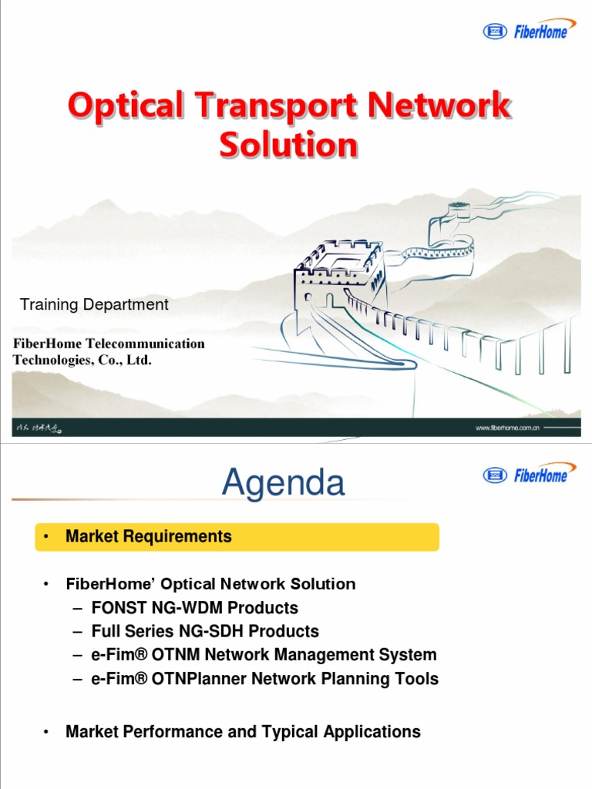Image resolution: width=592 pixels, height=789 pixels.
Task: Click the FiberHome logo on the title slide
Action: tap(529, 31)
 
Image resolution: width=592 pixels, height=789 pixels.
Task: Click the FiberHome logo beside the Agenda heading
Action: tap(529, 474)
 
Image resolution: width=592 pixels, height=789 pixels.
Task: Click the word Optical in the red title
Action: tap(126, 106)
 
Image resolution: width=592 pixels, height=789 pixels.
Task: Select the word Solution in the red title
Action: tap(288, 144)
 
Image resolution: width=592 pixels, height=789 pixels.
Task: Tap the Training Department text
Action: tap(94, 304)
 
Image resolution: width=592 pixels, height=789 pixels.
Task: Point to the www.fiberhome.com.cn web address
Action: tap(507, 428)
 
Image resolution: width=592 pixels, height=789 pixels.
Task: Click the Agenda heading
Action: tap(283, 483)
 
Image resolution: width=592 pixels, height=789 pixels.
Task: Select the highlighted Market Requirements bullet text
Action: tap(148, 536)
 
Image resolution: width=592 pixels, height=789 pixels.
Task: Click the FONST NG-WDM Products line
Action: tap(194, 608)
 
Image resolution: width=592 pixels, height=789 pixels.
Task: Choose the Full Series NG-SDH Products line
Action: tap(204, 632)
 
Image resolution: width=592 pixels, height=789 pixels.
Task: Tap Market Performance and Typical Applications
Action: tap(243, 732)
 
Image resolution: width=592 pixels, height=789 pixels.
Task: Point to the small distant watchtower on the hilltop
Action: tap(458, 210)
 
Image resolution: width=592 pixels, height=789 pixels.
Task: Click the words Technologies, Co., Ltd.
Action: tap(82, 360)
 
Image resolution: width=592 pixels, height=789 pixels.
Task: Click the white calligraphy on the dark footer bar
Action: tap(39, 428)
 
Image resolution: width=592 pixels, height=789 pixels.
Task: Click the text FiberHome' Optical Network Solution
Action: tap(210, 584)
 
